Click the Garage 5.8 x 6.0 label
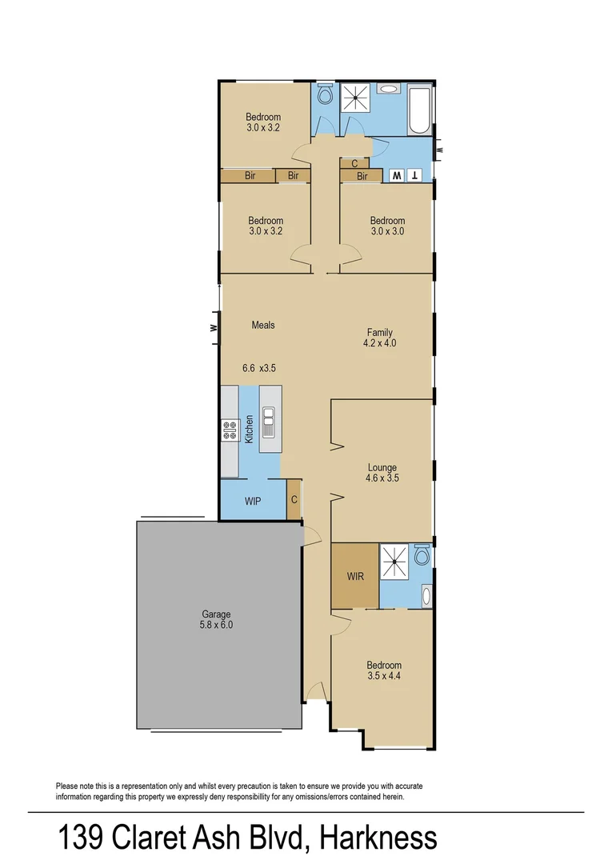216,620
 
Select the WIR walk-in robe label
355,576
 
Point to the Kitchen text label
250,430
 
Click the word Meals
263,325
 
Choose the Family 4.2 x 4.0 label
380,338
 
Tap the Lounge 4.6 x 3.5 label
382,473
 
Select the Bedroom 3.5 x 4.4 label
384,670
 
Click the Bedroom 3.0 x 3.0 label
387,226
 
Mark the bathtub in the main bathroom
420,111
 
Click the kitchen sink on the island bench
270,422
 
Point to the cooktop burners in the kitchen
230,431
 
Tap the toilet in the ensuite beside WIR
422,555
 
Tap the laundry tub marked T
414,176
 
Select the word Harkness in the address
378,838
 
